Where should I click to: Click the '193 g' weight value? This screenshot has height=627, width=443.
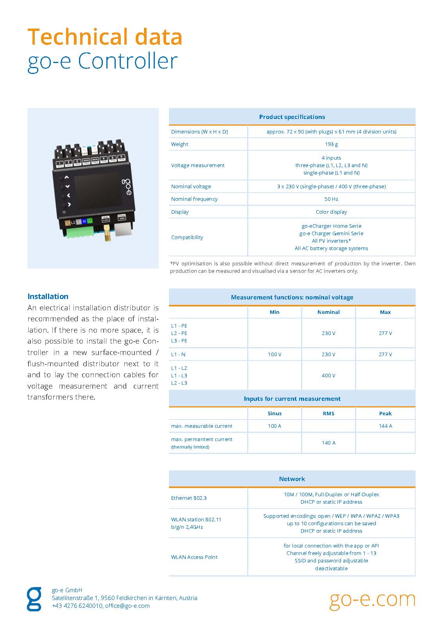[x=331, y=144]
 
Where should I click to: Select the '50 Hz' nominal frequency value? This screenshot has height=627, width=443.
[x=331, y=199]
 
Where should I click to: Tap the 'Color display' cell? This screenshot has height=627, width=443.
[x=331, y=212]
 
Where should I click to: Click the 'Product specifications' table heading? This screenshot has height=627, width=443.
[x=292, y=117]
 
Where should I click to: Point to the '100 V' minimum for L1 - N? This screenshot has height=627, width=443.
[x=274, y=354]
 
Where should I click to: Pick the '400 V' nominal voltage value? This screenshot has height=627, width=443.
[x=328, y=375]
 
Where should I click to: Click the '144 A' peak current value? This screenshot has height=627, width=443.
[x=385, y=426]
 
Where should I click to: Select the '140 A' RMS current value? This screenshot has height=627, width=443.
[x=328, y=443]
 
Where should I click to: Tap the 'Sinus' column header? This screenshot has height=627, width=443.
[x=274, y=413]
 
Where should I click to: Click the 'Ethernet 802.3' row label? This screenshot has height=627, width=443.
[x=189, y=498]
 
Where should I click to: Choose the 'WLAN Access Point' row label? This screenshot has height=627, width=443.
[x=194, y=557]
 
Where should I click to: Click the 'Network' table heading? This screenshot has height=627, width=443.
[x=292, y=479]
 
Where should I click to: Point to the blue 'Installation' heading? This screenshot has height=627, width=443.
[x=48, y=296]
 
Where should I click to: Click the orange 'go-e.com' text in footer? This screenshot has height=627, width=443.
[x=372, y=599]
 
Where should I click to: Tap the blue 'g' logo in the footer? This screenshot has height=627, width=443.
[x=34, y=599]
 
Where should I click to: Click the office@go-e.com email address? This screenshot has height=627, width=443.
[x=127, y=605]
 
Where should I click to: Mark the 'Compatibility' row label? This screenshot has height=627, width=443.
[x=187, y=237]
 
